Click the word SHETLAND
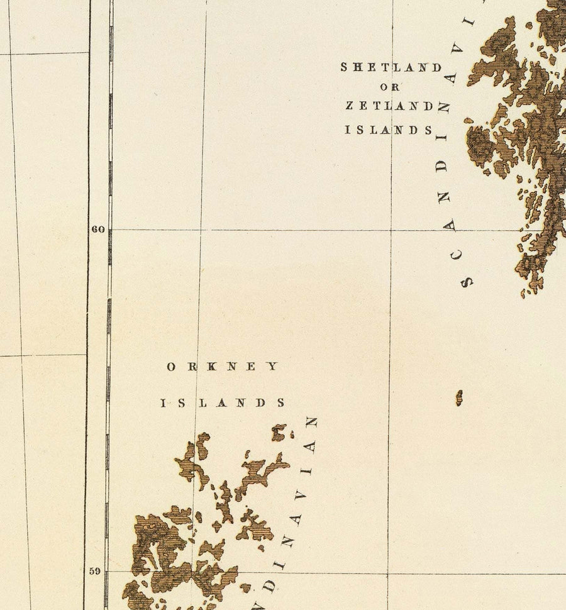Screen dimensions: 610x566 [391, 67]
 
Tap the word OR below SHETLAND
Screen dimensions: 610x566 [390, 87]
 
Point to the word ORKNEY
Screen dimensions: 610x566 [221, 367]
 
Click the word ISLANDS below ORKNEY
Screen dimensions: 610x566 [223, 403]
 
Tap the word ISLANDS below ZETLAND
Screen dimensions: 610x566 [389, 130]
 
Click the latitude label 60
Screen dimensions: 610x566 [97, 230]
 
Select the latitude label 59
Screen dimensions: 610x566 [94, 572]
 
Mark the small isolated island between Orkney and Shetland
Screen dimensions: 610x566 [459, 397]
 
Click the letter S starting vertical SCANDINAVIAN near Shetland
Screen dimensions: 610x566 [467, 282]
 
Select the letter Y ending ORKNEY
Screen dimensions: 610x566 [273, 367]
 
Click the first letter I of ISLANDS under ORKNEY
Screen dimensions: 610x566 [165, 403]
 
